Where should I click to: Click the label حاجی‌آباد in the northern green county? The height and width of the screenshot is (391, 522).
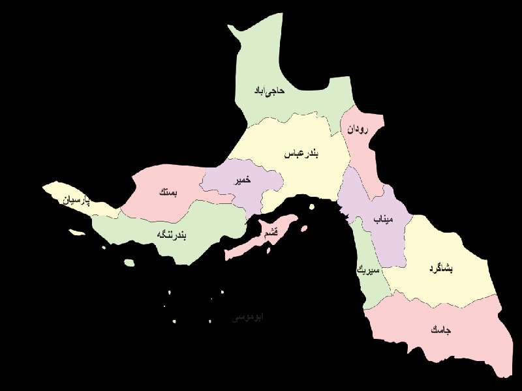pos(270,91)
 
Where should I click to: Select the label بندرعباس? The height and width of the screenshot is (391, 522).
pos(301,154)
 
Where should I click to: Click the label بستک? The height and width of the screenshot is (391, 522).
pos(167,193)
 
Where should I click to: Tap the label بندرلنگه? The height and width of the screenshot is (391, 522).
pos(171,234)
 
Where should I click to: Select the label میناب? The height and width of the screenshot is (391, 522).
pos(384,220)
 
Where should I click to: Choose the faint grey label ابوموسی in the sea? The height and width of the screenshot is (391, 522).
pos(249,317)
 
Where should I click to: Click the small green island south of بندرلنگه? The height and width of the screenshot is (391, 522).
pos(129,263)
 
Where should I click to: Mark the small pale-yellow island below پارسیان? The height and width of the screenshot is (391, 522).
pos(77,232)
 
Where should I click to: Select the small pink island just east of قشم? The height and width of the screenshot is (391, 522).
pos(303,227)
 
